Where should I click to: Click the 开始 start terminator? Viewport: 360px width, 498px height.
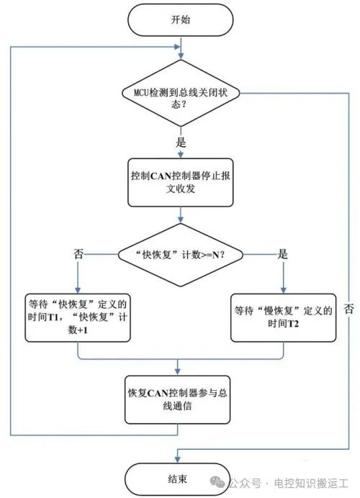coord(181,20)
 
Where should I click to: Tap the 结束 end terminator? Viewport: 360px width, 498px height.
coord(177,479)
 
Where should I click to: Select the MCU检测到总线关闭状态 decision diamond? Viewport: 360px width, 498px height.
coord(181,93)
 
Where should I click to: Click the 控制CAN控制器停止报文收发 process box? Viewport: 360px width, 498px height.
coord(181,182)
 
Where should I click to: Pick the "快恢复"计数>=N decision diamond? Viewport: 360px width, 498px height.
coord(181,255)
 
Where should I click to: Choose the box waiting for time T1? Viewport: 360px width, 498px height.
coord(78,317)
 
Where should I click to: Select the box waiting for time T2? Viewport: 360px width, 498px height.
coord(283,317)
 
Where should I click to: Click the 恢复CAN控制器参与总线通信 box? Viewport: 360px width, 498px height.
coord(177,399)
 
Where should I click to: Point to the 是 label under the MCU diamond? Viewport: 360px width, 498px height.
coord(181,142)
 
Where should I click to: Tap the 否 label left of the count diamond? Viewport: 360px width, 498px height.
coord(78,254)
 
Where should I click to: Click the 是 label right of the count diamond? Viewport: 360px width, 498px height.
coord(282,254)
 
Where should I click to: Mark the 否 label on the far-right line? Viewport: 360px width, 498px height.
coord(349,309)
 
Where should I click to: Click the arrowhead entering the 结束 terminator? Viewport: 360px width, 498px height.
coord(177,459)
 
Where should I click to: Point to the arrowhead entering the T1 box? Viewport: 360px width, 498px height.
coord(78,290)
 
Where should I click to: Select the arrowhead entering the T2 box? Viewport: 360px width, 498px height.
coord(283,290)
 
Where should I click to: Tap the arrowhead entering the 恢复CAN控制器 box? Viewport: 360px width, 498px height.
coord(177,371)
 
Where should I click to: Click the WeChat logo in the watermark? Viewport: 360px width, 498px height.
coord(217,483)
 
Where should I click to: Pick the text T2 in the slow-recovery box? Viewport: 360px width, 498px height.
coord(292,324)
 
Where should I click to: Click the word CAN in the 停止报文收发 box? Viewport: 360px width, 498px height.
coord(160,176)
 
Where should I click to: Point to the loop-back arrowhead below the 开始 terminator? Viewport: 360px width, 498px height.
coord(176,47)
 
